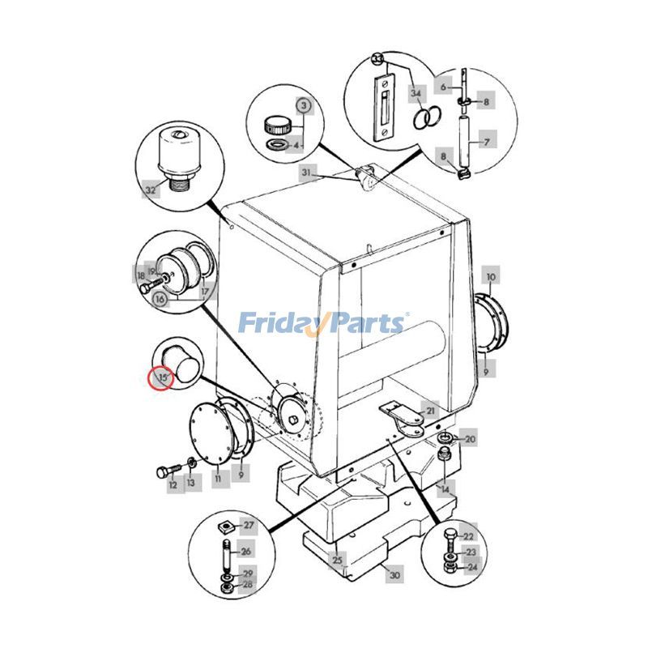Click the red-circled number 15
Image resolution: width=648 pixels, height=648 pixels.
pyautogui.click(x=160, y=377)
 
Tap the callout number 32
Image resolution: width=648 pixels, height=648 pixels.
pyautogui.click(x=151, y=190)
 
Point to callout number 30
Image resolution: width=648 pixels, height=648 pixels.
pyautogui.click(x=394, y=576)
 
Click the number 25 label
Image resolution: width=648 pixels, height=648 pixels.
pyautogui.click(x=338, y=559)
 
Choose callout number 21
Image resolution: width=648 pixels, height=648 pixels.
pyautogui.click(x=431, y=411)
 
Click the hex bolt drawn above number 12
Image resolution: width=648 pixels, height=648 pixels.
pyautogui.click(x=164, y=471)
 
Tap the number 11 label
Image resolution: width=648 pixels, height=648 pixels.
pyautogui.click(x=218, y=480)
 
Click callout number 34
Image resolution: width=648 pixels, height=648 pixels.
pyautogui.click(x=416, y=94)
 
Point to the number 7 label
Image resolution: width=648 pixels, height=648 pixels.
pyautogui.click(x=487, y=143)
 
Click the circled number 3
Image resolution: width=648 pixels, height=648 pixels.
pyautogui.click(x=303, y=105)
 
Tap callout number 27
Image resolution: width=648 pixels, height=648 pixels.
pyautogui.click(x=249, y=526)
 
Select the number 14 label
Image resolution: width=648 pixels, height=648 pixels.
pyautogui.click(x=443, y=490)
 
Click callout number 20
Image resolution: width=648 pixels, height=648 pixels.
pyautogui.click(x=470, y=440)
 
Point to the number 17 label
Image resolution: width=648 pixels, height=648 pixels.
pyautogui.click(x=205, y=291)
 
